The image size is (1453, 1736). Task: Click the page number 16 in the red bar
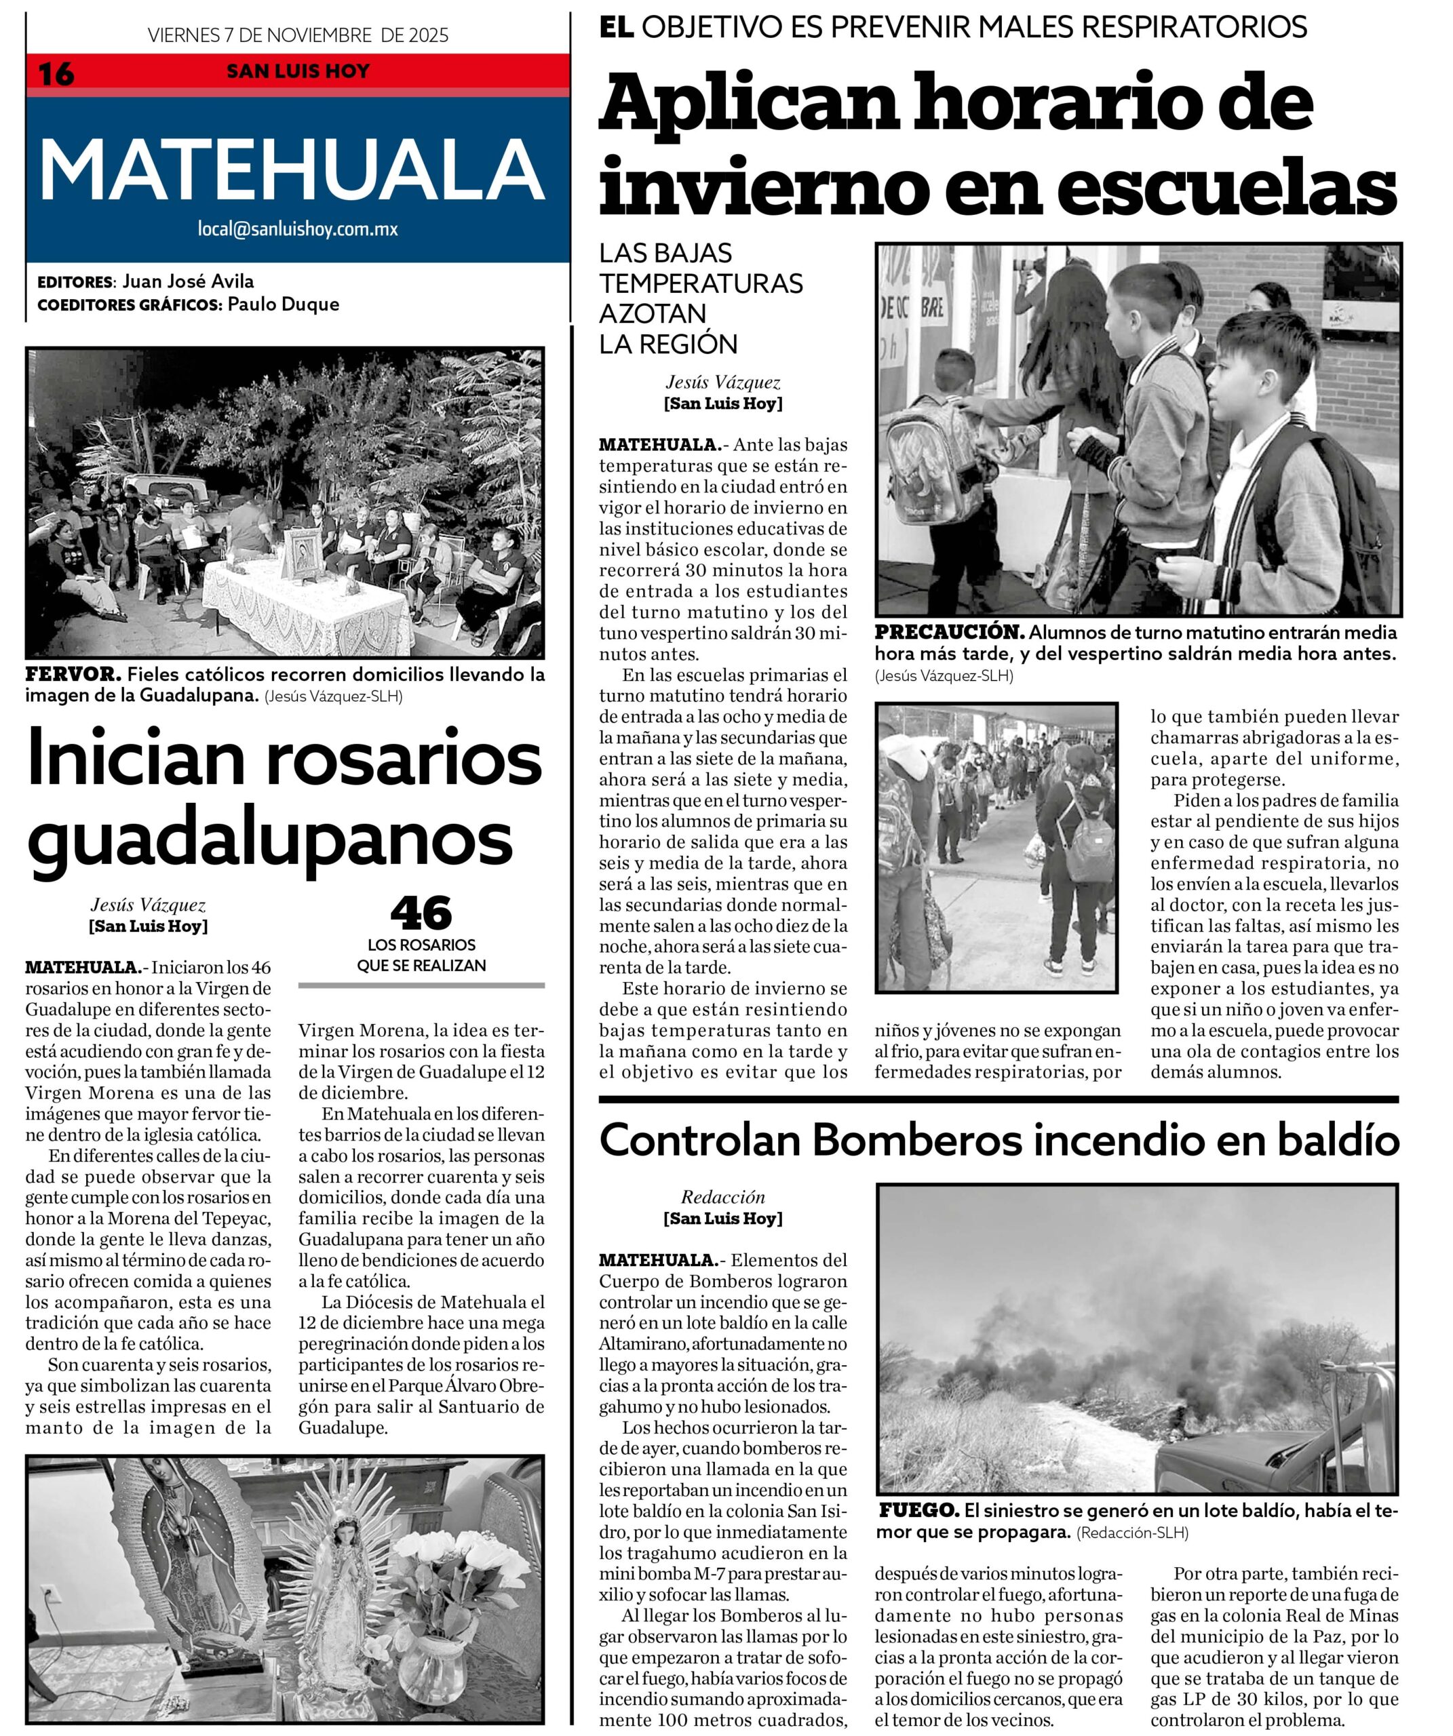pyautogui.click(x=56, y=73)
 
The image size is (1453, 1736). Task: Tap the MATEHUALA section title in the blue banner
pyautogui.click(x=292, y=170)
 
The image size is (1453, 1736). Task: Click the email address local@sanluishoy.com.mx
pyautogui.click(x=297, y=229)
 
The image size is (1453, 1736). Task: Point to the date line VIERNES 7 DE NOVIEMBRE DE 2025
pyautogui.click(x=298, y=35)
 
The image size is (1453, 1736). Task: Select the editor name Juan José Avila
pyautogui.click(x=188, y=281)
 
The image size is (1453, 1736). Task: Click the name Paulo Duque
pyautogui.click(x=283, y=304)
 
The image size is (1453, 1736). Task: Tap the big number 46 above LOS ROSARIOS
pyautogui.click(x=421, y=913)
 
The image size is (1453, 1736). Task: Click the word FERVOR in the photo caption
pyautogui.click(x=73, y=674)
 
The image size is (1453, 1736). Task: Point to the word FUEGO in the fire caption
pyautogui.click(x=918, y=1510)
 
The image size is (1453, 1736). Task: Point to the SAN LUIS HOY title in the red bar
pyautogui.click(x=298, y=71)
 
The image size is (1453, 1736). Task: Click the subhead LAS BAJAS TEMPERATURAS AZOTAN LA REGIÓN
pyautogui.click(x=701, y=298)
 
